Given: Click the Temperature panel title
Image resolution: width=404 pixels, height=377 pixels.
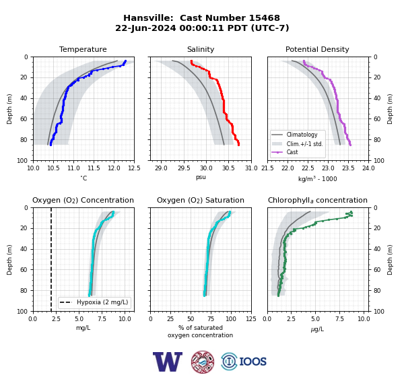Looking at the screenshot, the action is coord(83,49).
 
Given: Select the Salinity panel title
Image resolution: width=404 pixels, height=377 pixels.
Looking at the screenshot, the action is coord(201,49).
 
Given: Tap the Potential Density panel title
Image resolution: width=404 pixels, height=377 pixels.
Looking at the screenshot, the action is coord(317,49).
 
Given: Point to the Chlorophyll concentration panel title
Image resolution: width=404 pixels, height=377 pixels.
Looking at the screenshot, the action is coord(318,200).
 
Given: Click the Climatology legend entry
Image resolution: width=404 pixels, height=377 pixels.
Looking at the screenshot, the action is coord(302,135).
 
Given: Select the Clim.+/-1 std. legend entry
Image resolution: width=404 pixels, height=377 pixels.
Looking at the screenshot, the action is coord(305,144).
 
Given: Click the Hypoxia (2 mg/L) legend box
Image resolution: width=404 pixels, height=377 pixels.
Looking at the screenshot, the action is coord(94,302).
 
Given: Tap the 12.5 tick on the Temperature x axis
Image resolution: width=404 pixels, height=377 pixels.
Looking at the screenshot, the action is coord(134,168).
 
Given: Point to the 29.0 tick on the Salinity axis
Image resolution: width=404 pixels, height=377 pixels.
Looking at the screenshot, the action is coord(162,168).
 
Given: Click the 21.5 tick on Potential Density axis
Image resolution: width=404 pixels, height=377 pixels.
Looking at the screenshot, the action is coord(268,168).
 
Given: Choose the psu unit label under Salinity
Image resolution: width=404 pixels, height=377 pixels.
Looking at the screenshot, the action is coord(201,177).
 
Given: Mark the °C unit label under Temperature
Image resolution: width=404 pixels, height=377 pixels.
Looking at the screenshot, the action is coord(83,178).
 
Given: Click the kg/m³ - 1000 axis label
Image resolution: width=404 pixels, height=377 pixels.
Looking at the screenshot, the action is coord(317,178).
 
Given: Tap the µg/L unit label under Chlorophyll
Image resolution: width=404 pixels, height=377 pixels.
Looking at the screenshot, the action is coord(317,329).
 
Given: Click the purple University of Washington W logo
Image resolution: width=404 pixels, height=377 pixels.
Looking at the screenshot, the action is coord(168,362).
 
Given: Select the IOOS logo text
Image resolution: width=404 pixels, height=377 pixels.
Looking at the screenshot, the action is coord(252,362).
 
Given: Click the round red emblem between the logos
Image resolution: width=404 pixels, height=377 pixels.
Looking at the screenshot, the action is coord(203,362).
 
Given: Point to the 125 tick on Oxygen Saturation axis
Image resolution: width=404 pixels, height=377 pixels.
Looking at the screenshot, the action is coord(251,319).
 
